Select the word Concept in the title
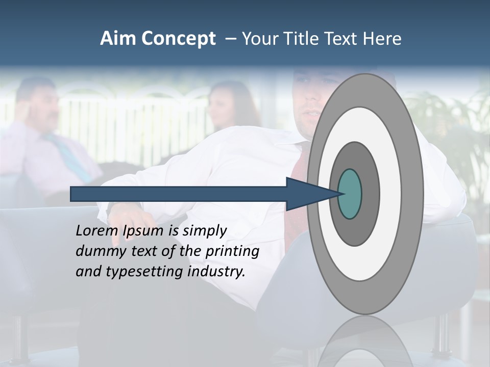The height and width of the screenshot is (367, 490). [178, 39]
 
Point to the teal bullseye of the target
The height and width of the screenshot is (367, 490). [350, 194]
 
